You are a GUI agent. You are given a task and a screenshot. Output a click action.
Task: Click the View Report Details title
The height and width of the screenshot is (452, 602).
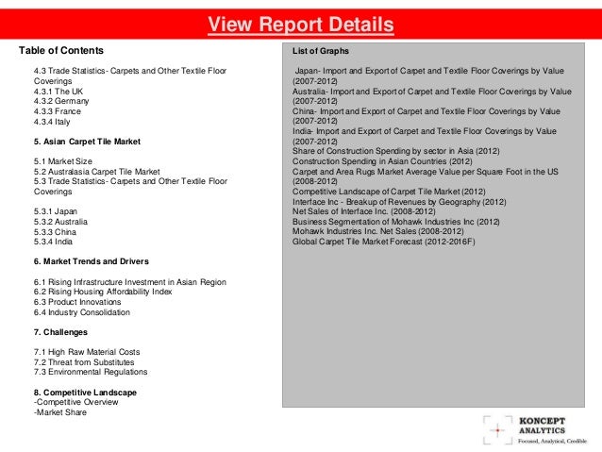[x=300, y=25]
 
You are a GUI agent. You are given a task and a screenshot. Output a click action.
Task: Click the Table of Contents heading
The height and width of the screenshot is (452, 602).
[x=61, y=49]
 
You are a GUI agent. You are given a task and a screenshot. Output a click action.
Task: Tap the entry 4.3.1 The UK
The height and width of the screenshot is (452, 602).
[x=59, y=91]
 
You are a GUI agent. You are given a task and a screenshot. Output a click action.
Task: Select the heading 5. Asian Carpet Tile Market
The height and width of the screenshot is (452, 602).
[x=87, y=142]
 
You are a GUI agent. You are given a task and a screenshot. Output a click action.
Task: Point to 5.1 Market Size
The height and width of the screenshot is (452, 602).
[x=63, y=161]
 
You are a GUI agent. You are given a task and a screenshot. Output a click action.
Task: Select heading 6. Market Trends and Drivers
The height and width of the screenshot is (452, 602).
[x=91, y=260]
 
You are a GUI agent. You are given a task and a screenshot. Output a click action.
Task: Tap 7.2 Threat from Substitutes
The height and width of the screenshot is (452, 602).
[x=84, y=361]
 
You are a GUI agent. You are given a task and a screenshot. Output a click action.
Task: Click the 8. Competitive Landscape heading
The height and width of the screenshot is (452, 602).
[x=85, y=392]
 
